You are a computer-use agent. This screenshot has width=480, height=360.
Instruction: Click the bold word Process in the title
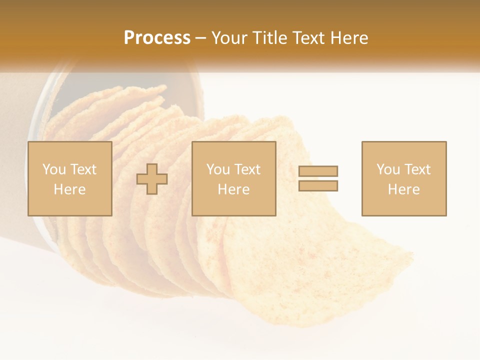(157, 38)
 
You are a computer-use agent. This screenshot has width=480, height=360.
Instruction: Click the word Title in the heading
(270, 38)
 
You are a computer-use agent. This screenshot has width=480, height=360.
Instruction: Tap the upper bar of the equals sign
(318, 171)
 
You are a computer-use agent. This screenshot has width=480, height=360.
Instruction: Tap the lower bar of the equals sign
(318, 186)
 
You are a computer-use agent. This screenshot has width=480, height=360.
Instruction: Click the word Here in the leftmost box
(69, 189)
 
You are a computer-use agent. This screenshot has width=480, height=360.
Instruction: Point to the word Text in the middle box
(247, 169)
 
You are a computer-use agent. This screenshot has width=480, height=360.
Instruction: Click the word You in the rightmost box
(388, 169)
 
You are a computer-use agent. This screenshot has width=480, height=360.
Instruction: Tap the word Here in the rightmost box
(403, 189)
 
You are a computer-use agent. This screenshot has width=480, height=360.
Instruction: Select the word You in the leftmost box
(54, 169)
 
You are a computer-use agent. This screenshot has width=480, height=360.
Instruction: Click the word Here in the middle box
(233, 189)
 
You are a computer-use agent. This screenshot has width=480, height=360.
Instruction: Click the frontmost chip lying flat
(310, 270)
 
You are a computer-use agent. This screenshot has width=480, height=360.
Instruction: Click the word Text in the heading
(307, 38)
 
